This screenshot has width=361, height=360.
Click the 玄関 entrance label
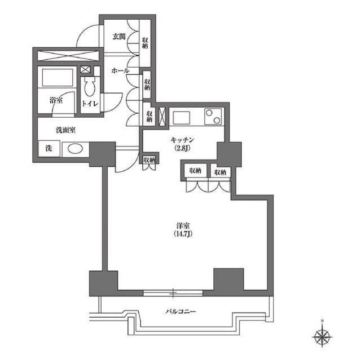click(x=119, y=36)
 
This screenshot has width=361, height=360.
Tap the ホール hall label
click(x=120, y=70)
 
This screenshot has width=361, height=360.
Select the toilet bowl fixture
click(x=90, y=87)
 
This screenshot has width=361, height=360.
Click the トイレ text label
click(x=90, y=104)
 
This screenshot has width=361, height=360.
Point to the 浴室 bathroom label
click(x=56, y=100)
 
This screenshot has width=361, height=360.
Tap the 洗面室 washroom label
click(x=66, y=130)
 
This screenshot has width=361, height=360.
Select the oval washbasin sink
click(x=75, y=149)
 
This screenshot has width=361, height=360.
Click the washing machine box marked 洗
click(x=49, y=149)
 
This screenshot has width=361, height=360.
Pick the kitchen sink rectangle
click(x=182, y=118)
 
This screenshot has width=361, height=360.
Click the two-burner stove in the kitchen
click(x=213, y=117)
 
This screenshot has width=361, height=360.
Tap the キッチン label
click(x=182, y=140)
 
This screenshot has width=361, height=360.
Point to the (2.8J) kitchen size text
click(x=182, y=148)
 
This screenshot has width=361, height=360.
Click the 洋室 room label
click(x=183, y=225)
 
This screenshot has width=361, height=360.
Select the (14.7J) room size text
click(x=183, y=234)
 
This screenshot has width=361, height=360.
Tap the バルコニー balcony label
click(x=181, y=312)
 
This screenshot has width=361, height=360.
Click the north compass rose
click(x=322, y=337)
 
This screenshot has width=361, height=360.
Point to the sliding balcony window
click(x=173, y=293)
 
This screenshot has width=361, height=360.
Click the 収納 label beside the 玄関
click(x=145, y=43)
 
